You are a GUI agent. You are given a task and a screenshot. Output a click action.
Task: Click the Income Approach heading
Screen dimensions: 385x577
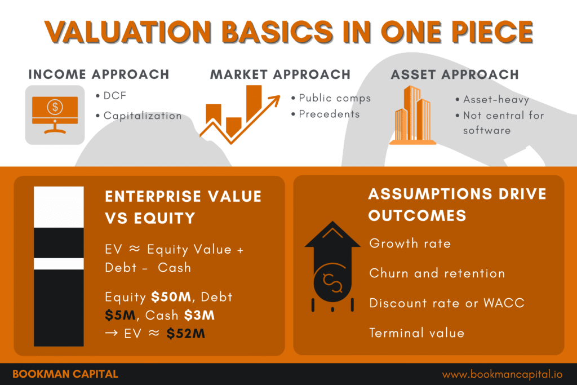(x=98, y=74)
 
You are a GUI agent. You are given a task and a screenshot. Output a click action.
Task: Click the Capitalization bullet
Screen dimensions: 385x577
(x=142, y=116)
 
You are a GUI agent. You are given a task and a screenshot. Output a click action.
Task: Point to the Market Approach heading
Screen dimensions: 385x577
(x=280, y=74)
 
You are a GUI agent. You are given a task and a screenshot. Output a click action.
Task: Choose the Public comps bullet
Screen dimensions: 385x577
(x=335, y=98)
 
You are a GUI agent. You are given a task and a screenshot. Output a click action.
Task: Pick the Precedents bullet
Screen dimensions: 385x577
(x=329, y=114)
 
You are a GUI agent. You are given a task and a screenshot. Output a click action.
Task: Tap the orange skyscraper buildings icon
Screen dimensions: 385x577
(x=412, y=115)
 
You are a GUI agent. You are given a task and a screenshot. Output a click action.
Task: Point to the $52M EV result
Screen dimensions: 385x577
(x=185, y=334)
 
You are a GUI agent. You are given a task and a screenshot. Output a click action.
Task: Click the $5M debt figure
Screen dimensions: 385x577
(x=117, y=315)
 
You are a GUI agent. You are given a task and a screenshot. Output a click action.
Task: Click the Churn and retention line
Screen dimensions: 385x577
(x=437, y=273)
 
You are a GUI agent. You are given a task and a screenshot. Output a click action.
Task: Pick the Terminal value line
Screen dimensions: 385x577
(x=416, y=333)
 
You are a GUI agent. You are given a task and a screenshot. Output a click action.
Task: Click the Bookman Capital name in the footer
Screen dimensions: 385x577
(x=65, y=374)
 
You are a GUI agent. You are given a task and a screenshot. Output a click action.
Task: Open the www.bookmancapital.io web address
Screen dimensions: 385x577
(x=503, y=374)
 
